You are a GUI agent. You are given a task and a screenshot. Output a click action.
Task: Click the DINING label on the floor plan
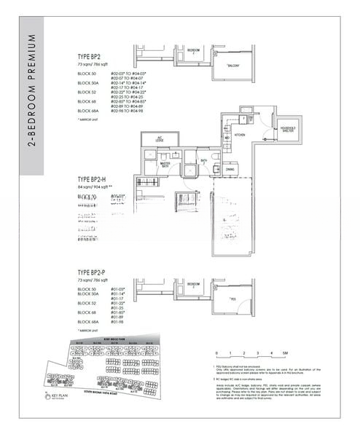click(x=230, y=169)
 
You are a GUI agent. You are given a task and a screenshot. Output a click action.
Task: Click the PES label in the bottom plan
click(x=232, y=299)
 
